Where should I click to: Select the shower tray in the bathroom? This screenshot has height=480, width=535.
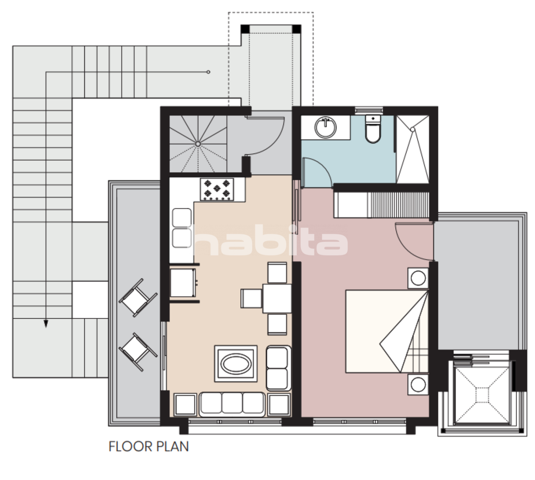click(413, 149)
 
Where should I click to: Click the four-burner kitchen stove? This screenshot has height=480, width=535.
click(217, 189)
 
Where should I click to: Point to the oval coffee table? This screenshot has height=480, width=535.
click(236, 363)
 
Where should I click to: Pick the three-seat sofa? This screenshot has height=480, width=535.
click(232, 404)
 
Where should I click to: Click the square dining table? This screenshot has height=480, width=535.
click(277, 298)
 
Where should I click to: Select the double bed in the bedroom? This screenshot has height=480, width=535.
click(387, 331)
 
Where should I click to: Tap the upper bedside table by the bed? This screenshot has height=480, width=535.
click(418, 278)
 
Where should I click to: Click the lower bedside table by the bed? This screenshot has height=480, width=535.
click(418, 385)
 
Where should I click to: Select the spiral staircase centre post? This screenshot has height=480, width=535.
click(198, 144)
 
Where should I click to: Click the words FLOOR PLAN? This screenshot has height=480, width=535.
click(149, 447)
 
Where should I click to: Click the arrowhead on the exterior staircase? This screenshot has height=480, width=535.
click(46, 323)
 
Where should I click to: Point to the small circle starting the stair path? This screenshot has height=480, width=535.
click(208, 72)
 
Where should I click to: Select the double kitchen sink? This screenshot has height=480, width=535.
click(182, 228)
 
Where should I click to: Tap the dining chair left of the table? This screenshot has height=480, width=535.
click(251, 298)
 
